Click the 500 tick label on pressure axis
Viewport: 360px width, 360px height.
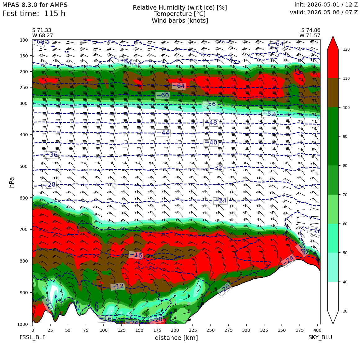[24, 166]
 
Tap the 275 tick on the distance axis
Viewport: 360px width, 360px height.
[228, 330]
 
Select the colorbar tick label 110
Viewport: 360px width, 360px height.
[346, 79]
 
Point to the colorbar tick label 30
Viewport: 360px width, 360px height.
[345, 311]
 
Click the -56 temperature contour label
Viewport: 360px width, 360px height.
[210, 104]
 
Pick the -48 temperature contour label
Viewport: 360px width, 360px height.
[210, 123]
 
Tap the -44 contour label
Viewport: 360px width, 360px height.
[163, 133]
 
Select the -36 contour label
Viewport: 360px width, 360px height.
[52, 155]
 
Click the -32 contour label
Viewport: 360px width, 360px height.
[216, 168]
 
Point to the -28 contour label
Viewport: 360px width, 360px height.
[49, 185]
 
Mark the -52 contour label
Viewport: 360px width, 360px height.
[269, 114]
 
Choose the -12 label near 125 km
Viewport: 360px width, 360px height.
[118, 286]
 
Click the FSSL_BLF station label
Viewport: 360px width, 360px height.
[32, 337]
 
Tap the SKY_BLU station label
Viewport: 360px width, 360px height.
[320, 337]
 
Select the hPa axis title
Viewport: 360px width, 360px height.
[11, 182]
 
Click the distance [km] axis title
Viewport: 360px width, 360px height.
[176, 338]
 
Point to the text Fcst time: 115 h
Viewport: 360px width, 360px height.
[34, 14]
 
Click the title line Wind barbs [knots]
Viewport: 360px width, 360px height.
[180, 21]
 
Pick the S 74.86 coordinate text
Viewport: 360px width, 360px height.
[311, 30]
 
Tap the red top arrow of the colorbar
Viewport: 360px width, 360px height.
[333, 43]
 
